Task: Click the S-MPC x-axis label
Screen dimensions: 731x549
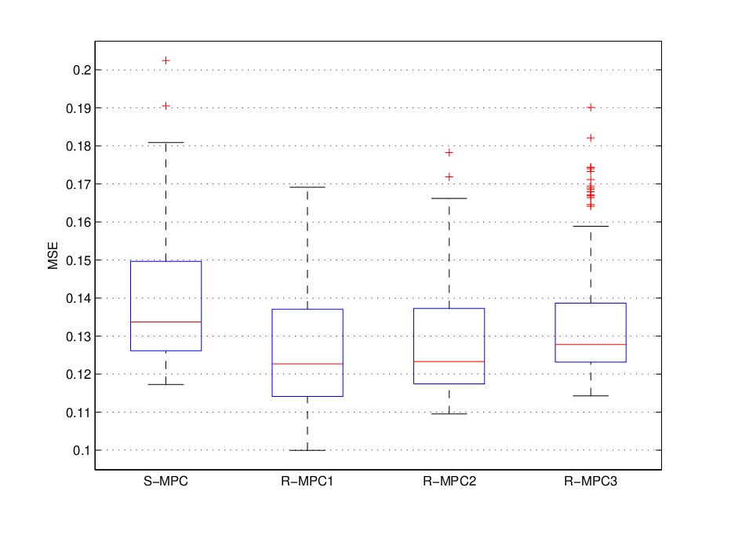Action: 165,481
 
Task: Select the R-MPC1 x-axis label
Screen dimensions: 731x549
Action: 307,481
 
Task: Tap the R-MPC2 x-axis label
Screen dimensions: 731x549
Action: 449,481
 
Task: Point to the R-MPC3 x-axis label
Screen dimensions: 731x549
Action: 591,481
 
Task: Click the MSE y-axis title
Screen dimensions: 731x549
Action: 53,256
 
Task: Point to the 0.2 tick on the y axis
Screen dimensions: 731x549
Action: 82,70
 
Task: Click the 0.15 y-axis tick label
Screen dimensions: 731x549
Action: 78,260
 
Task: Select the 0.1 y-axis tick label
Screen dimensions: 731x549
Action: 82,450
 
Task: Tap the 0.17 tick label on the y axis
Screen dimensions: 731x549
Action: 78,184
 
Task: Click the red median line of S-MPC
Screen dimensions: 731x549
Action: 166,322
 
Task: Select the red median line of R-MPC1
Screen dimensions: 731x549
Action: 307,364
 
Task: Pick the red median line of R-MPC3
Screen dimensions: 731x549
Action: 591,344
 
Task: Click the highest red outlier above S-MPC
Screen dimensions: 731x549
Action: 166,60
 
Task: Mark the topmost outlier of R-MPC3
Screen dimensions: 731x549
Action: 591,107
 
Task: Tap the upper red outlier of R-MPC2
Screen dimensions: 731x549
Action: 449,153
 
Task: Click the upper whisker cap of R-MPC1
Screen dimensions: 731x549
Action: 307,187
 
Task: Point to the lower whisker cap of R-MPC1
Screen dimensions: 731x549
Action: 307,450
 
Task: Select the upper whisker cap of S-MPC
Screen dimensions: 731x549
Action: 166,143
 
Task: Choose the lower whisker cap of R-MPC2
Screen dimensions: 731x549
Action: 449,414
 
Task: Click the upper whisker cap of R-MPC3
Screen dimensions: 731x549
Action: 591,227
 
